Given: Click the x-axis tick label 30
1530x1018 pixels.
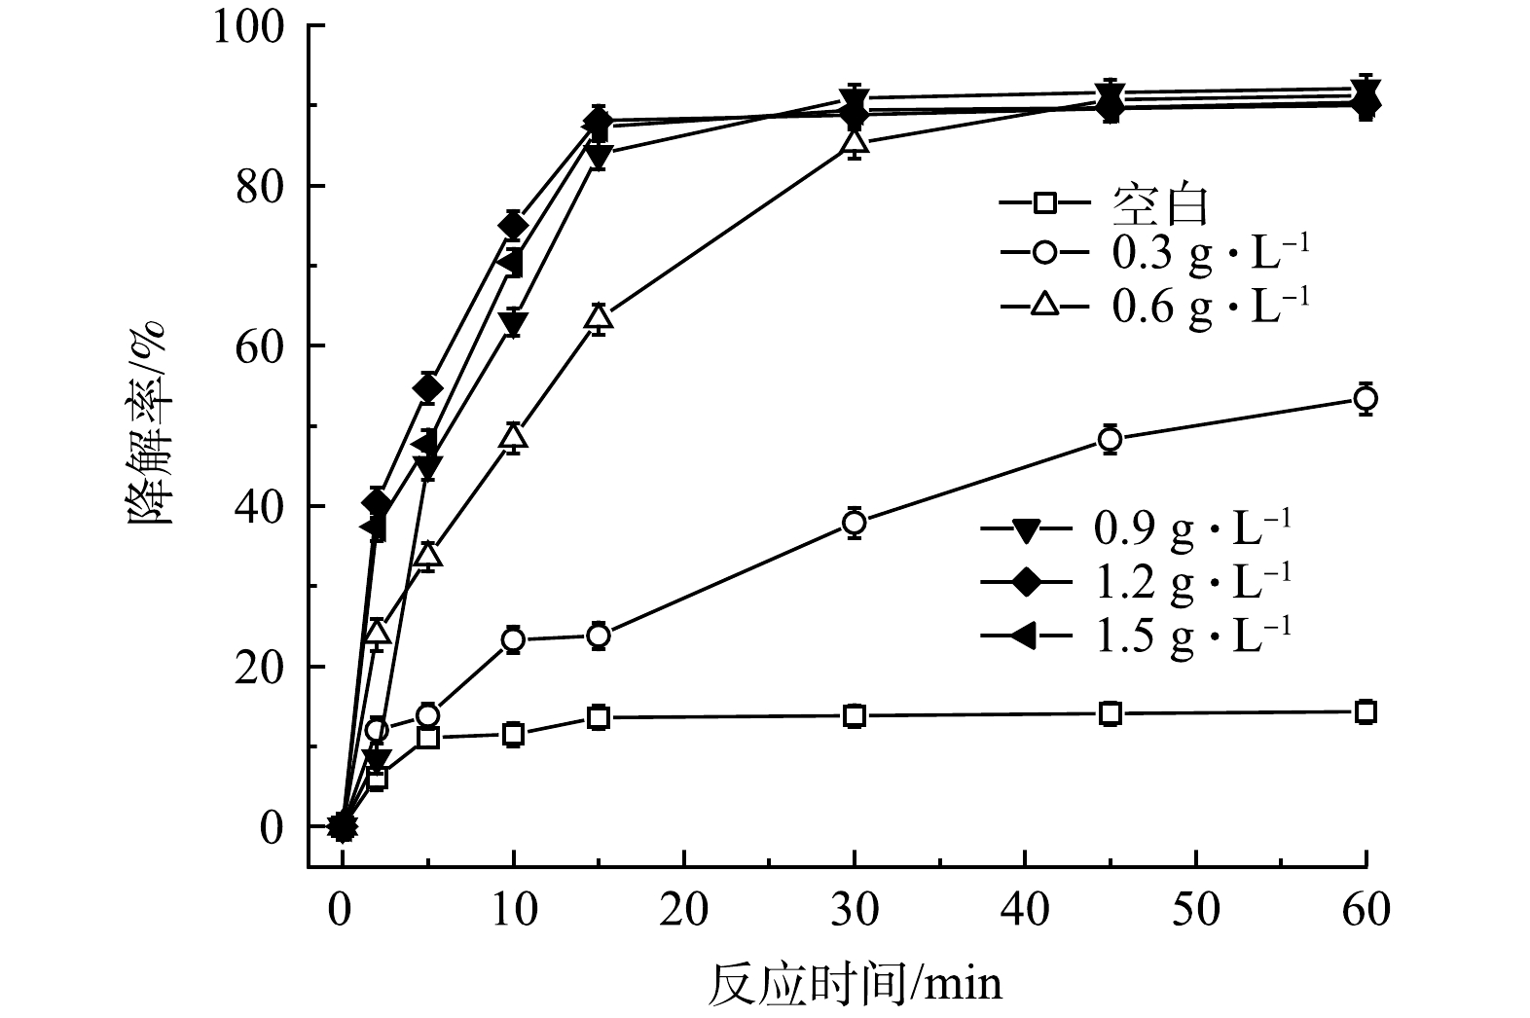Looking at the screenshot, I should [x=855, y=911].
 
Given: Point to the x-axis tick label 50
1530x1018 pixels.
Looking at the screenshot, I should [x=1195, y=911].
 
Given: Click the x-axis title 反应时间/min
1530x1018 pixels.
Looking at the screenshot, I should [x=854, y=984].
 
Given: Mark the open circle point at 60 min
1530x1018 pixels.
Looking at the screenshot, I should [x=1366, y=398].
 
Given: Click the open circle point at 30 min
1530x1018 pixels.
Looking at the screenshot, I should [x=855, y=523].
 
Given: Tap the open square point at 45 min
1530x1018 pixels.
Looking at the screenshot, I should [x=1110, y=714].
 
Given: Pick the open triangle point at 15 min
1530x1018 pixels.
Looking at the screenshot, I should [x=599, y=317].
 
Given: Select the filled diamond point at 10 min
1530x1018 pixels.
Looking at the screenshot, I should [x=513, y=225].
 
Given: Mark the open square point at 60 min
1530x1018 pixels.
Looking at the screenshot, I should [x=1366, y=712].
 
